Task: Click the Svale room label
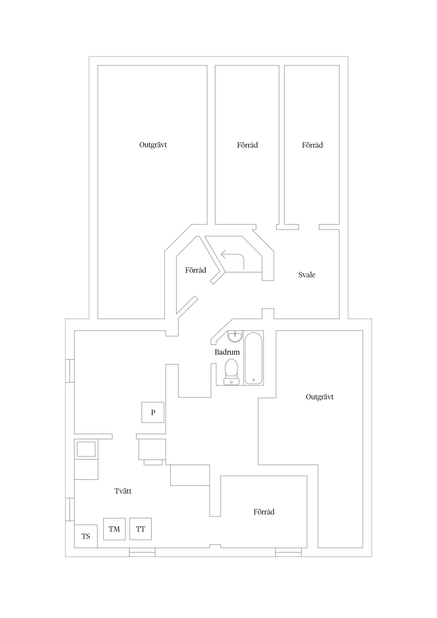click(x=307, y=275)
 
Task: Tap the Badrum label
click(x=227, y=352)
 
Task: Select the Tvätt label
click(x=123, y=491)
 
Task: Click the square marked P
click(x=153, y=412)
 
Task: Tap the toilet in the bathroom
click(x=231, y=371)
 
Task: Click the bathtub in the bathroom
click(x=253, y=358)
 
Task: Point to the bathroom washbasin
click(x=235, y=336)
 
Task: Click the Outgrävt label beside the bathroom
click(x=320, y=397)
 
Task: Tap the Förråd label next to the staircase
click(x=196, y=270)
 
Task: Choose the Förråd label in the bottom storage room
click(x=264, y=512)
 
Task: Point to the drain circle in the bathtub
click(x=253, y=380)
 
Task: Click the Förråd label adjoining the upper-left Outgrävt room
click(x=247, y=145)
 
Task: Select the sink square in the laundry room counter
click(x=86, y=449)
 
